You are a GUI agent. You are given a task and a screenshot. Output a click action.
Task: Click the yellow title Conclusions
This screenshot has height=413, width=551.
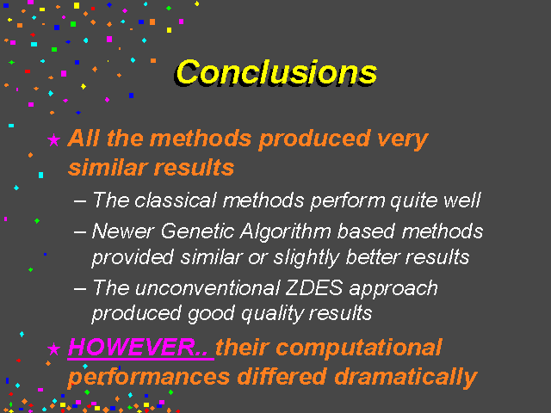click(276, 72)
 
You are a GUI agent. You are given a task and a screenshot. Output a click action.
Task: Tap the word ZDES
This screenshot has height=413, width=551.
click(313, 288)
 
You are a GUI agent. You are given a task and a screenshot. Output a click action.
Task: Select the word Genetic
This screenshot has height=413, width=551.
click(197, 231)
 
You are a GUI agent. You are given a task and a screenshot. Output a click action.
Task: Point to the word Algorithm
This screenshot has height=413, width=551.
click(285, 232)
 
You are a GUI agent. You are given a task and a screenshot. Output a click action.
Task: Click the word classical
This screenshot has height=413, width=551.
click(175, 200)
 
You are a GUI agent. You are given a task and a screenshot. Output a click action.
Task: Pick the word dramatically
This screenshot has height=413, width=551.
click(406, 377)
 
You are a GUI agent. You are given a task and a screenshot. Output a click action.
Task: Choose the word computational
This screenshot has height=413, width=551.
click(359, 348)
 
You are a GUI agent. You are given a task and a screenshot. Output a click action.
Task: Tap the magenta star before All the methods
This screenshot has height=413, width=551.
click(53, 139)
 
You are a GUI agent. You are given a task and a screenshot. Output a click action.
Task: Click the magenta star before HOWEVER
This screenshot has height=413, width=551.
click(53, 348)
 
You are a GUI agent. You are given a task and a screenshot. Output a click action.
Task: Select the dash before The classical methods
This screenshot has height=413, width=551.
click(80, 201)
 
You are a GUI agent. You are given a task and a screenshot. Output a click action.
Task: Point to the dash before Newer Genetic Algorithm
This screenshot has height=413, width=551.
click(80, 233)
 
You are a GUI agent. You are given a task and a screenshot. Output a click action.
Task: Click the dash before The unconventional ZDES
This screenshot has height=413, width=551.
click(80, 289)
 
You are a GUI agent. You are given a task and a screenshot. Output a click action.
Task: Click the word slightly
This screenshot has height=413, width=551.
click(306, 258)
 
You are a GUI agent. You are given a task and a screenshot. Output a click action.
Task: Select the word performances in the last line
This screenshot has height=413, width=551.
click(149, 378)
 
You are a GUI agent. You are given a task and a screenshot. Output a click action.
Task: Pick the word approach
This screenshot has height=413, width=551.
click(393, 289)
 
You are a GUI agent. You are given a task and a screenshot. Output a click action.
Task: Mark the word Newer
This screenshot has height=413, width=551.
click(123, 231)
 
